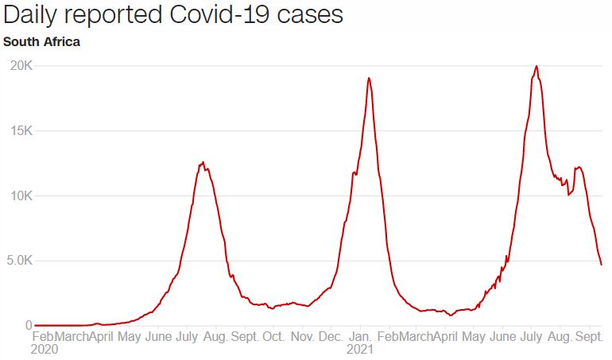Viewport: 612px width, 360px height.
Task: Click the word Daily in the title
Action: point(31,16)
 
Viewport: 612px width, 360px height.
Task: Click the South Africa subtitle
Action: point(41,41)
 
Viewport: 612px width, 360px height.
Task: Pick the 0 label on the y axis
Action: point(28,325)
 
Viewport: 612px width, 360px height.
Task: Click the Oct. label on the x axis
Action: point(274,337)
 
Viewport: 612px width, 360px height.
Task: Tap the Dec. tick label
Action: point(331,337)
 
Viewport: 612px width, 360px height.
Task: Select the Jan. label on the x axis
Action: point(360,337)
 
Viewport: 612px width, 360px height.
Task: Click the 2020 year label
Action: point(45,349)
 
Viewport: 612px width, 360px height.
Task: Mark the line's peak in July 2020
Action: point(203,162)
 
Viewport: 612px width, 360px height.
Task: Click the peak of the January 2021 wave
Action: point(369,78)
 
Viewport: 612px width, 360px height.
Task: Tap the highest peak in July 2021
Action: point(536,66)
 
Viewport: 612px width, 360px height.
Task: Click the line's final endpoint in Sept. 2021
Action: point(601,265)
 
